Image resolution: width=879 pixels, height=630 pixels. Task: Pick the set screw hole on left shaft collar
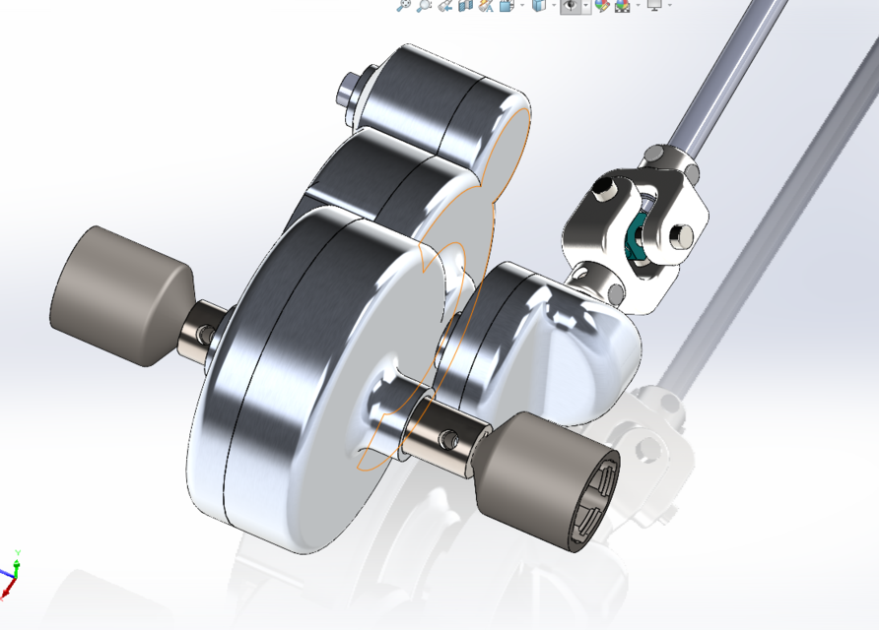[x=204, y=335]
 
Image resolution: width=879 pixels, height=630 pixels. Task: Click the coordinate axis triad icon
[x=11, y=572]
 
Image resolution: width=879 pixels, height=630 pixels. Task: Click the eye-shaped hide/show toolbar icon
[x=570, y=6]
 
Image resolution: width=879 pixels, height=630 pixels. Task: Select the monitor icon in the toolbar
[x=652, y=6]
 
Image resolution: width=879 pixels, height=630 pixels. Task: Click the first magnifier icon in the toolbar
[x=402, y=6]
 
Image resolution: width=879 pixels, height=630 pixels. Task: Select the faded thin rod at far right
[x=769, y=226]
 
